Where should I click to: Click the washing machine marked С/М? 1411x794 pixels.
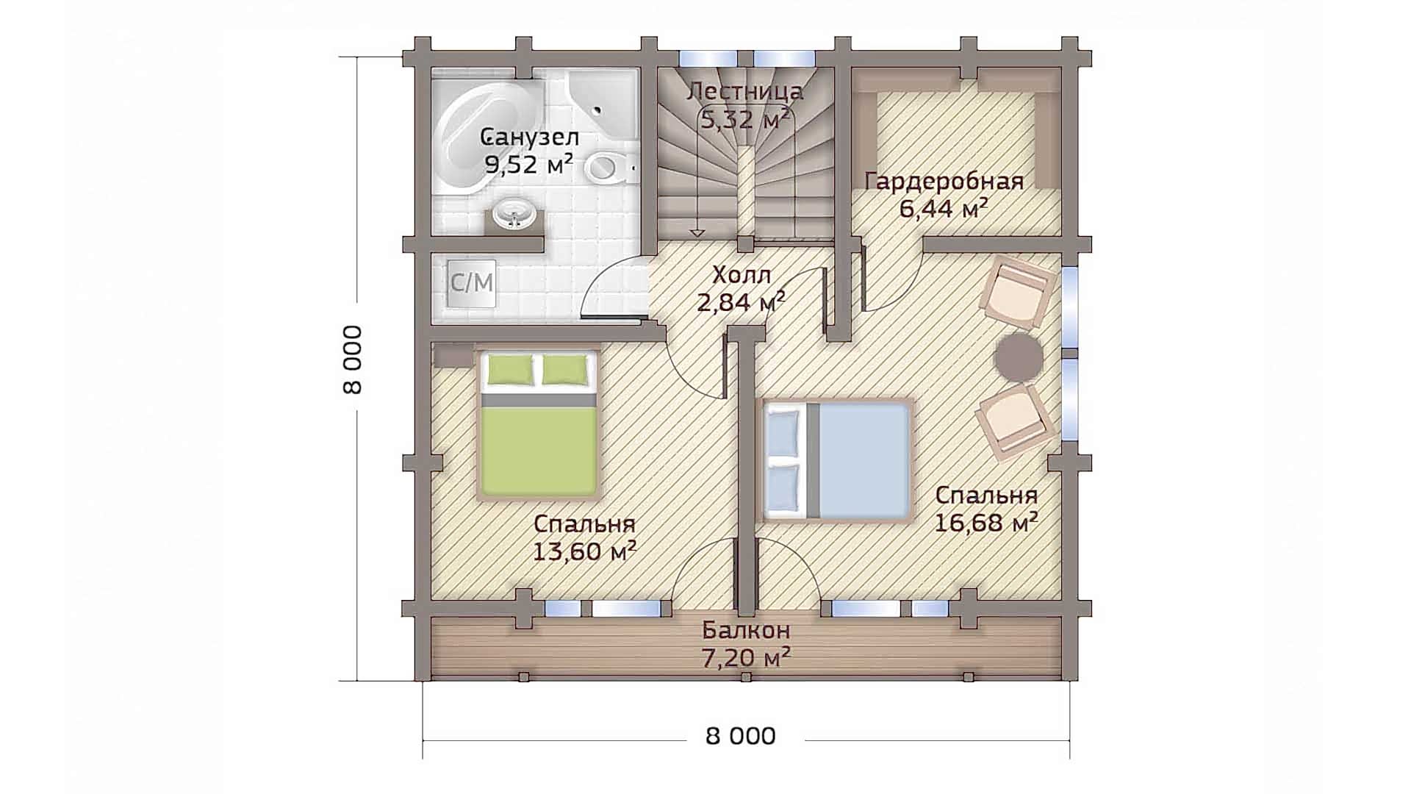coord(471,283)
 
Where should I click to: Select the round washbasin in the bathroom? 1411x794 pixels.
coord(514,215)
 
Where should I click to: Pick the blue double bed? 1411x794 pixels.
coord(838,460)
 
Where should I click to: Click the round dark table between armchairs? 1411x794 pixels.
coord(1019,357)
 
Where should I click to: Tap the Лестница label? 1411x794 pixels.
coord(745,92)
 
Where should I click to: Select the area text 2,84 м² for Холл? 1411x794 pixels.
coord(742,301)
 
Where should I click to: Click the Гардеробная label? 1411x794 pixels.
coord(944,181)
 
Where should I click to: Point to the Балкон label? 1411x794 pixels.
coord(746,630)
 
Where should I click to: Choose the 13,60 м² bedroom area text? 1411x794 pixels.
coord(585,551)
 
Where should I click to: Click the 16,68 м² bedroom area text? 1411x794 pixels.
coord(986,523)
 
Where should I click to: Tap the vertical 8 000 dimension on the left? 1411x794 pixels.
coord(353,360)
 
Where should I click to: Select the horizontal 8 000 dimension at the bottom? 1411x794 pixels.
coord(741,736)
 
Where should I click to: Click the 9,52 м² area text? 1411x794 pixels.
coord(528,165)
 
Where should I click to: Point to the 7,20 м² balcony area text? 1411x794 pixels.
coord(746,657)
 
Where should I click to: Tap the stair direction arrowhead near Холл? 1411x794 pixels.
coord(697,233)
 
